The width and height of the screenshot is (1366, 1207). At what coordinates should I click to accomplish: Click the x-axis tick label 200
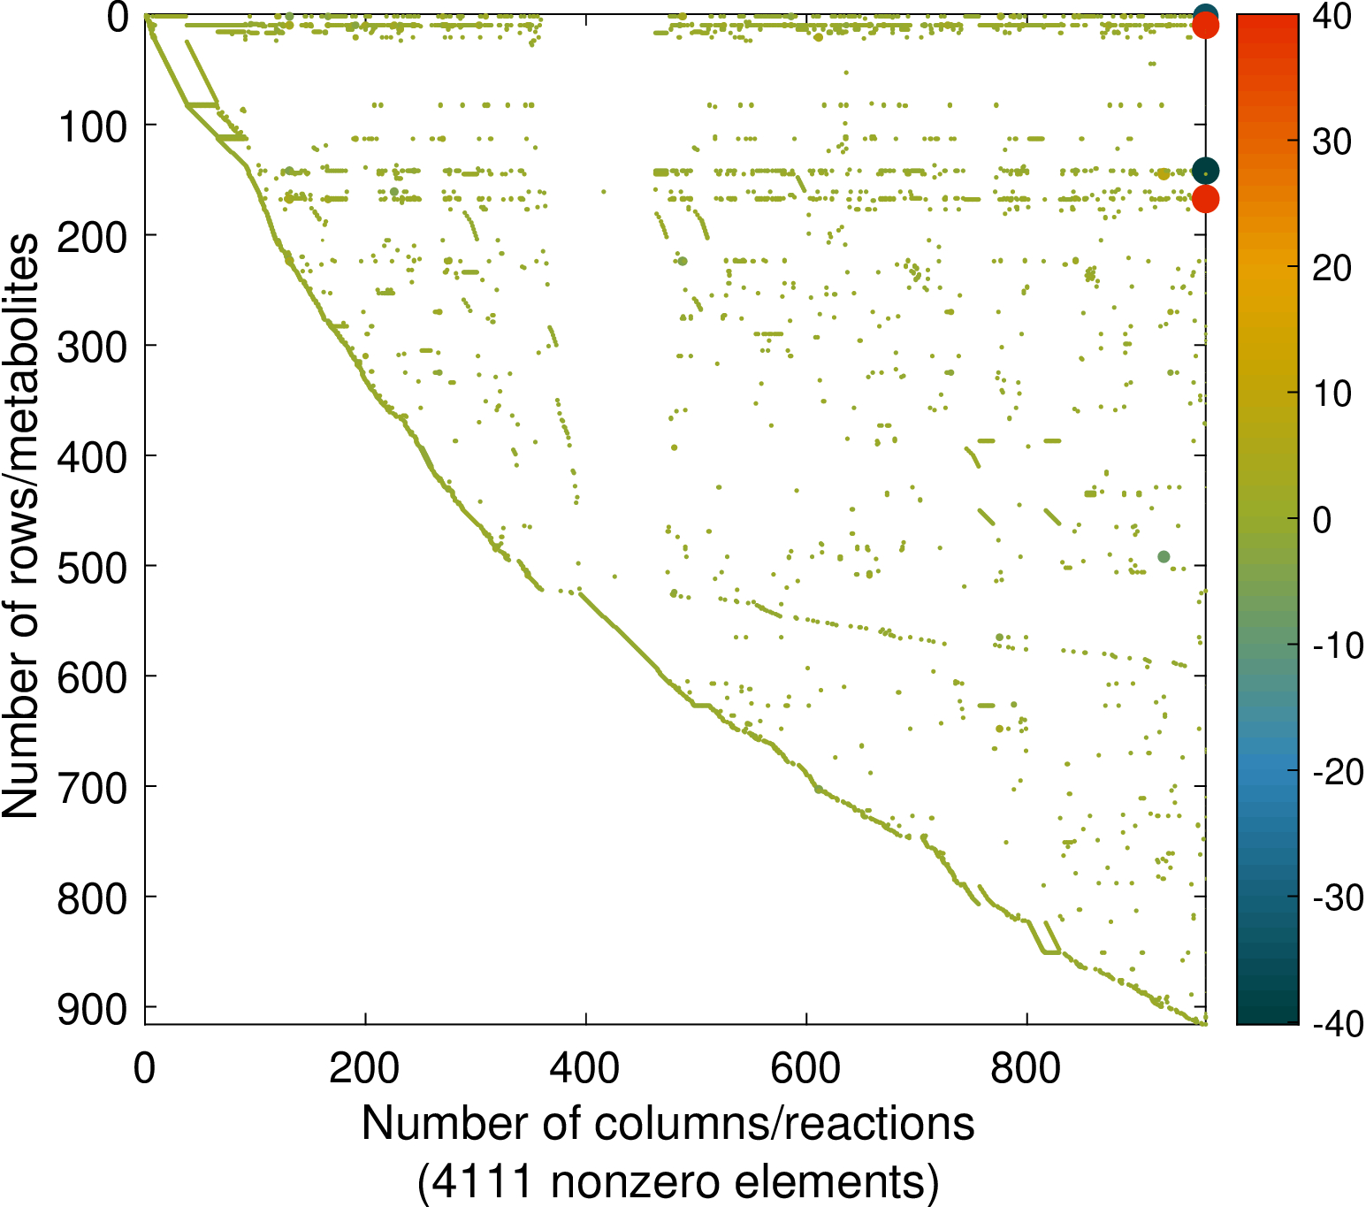point(364,1069)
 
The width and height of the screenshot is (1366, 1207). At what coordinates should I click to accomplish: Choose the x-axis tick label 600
point(805,1069)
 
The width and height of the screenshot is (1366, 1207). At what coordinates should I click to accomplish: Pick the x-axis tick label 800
point(1026,1069)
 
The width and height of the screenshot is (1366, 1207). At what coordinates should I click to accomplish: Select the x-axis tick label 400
point(584,1069)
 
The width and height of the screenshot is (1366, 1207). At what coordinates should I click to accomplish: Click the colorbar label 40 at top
point(1331,17)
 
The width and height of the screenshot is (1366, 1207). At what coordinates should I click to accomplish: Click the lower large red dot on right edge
point(1205,199)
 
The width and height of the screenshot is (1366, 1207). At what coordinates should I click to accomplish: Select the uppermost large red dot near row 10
point(1205,27)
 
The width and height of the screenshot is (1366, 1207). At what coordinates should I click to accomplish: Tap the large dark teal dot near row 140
point(1205,171)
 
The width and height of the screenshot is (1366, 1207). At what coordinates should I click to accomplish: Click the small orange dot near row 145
point(1164,174)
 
